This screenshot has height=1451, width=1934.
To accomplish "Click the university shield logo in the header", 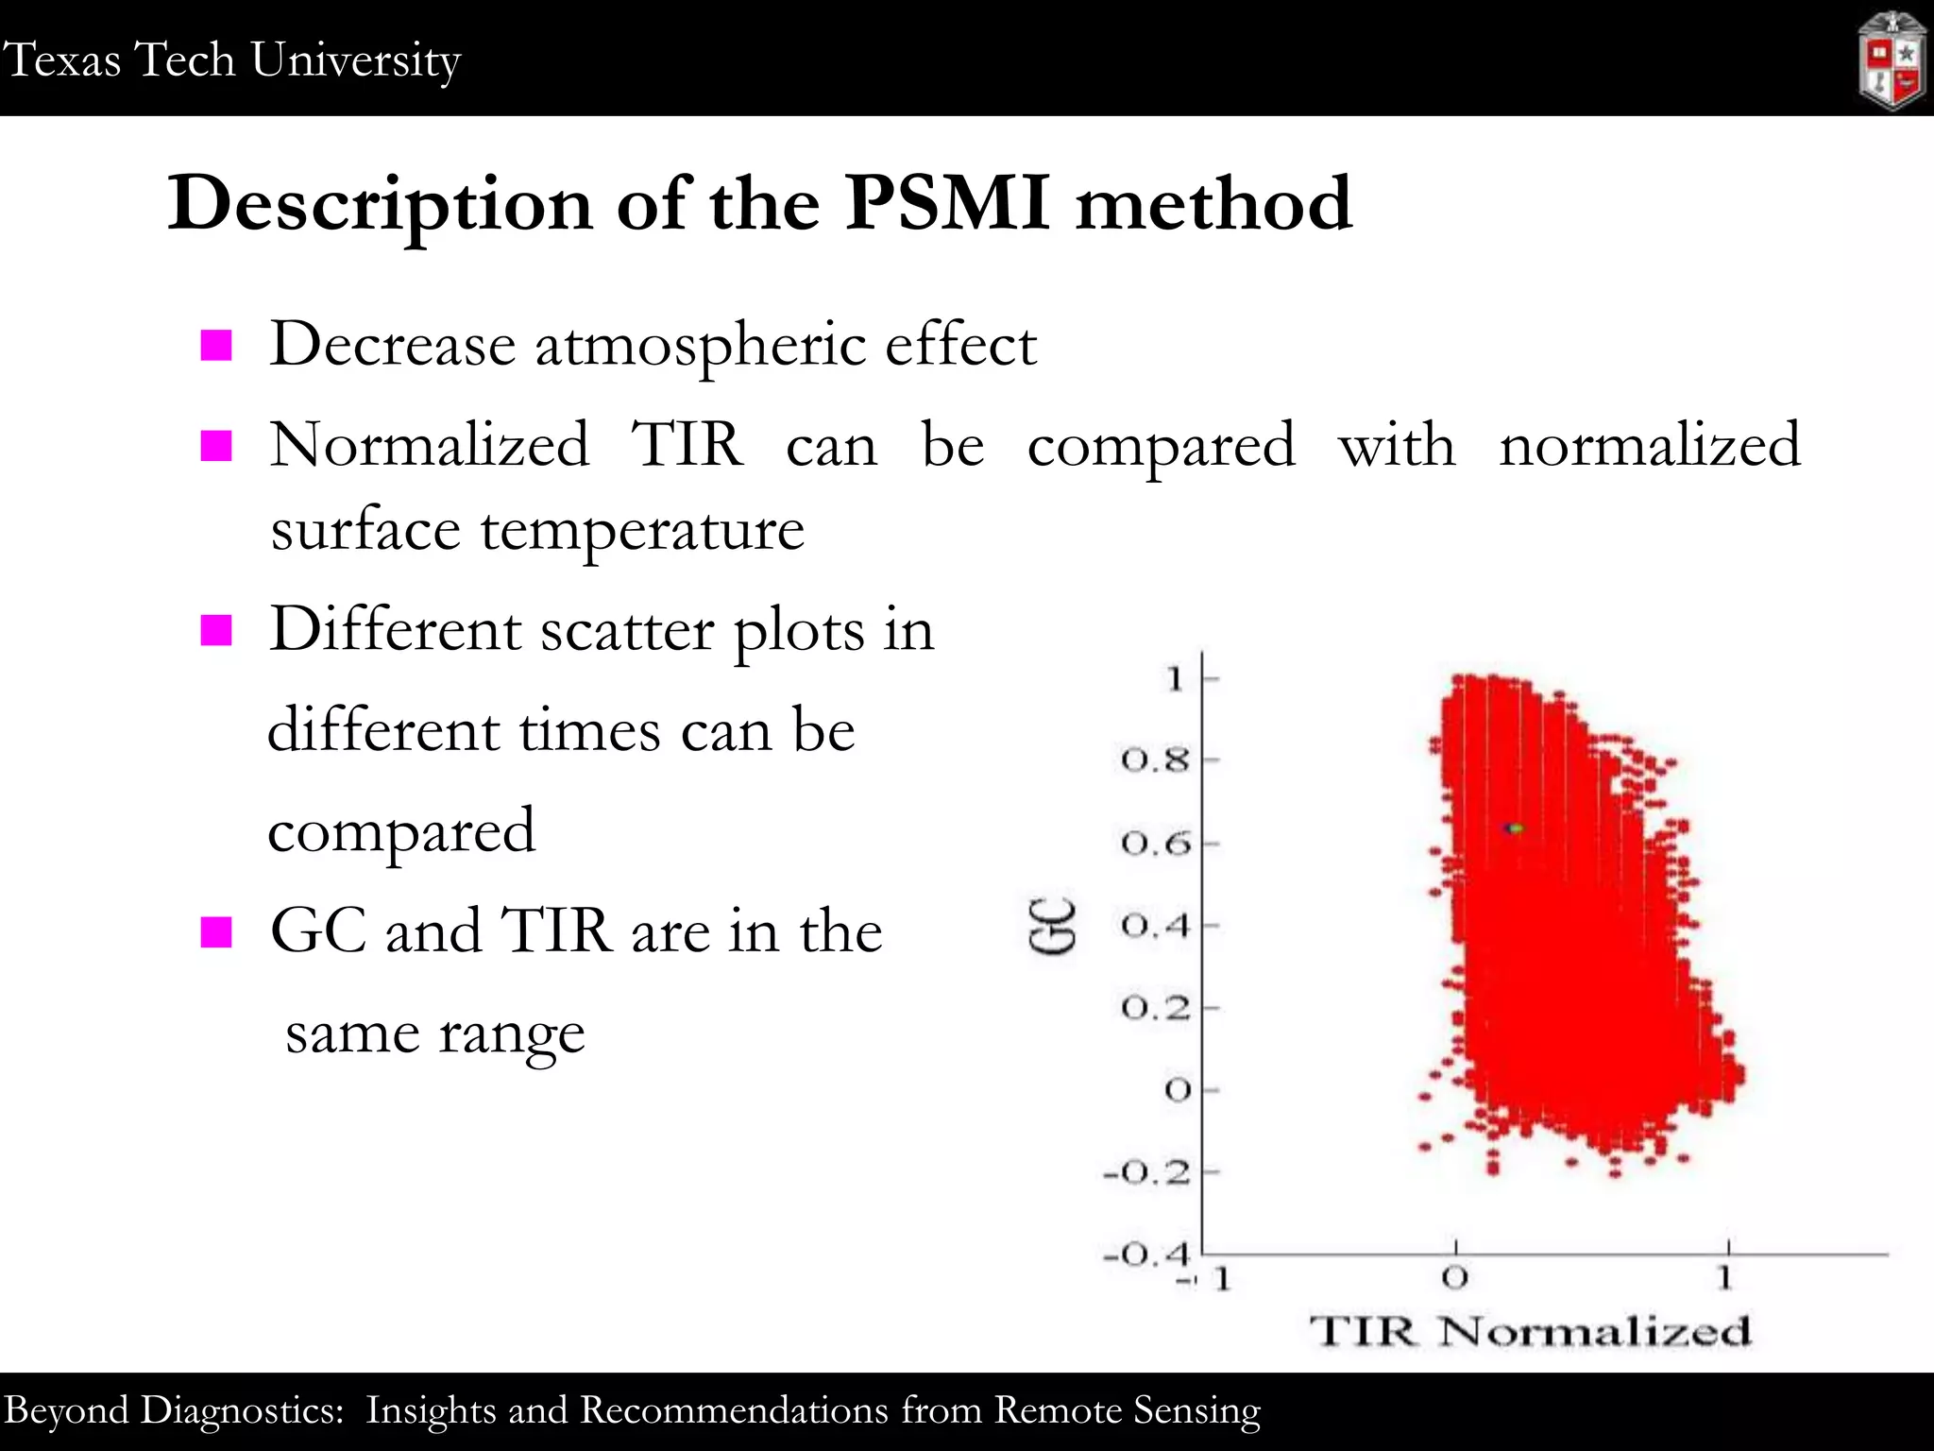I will pyautogui.click(x=1892, y=61).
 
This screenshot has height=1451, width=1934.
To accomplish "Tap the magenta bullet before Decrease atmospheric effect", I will pyautogui.click(x=216, y=346).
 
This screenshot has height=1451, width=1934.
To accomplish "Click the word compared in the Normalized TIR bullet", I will pyautogui.click(x=1161, y=447).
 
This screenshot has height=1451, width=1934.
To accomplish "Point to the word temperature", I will pyautogui.click(x=642, y=530).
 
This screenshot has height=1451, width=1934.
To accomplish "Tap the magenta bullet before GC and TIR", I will pyautogui.click(x=216, y=931).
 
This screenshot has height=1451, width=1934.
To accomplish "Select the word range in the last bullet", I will pyautogui.click(x=511, y=1034).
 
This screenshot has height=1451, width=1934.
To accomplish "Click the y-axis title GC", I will pyautogui.click(x=1052, y=926).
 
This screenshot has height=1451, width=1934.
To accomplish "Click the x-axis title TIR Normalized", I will pyautogui.click(x=1530, y=1331).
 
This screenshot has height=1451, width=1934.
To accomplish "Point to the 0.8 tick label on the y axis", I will pyautogui.click(x=1154, y=760).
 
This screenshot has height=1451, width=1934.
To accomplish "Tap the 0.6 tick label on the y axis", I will pyautogui.click(x=1154, y=843).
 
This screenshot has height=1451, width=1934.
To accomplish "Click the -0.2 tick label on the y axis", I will pyautogui.click(x=1146, y=1173).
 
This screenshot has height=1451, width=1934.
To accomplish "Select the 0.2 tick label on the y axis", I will pyautogui.click(x=1154, y=1008).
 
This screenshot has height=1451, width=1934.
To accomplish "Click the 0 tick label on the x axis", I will pyautogui.click(x=1455, y=1278).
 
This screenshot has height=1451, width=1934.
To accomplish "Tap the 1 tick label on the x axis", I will pyautogui.click(x=1725, y=1278).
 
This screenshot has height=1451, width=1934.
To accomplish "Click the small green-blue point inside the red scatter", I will pyautogui.click(x=1514, y=828).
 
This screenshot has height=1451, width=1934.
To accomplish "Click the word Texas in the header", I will pyautogui.click(x=62, y=60).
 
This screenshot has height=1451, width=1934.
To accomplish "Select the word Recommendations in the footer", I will pyautogui.click(x=733, y=1410).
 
